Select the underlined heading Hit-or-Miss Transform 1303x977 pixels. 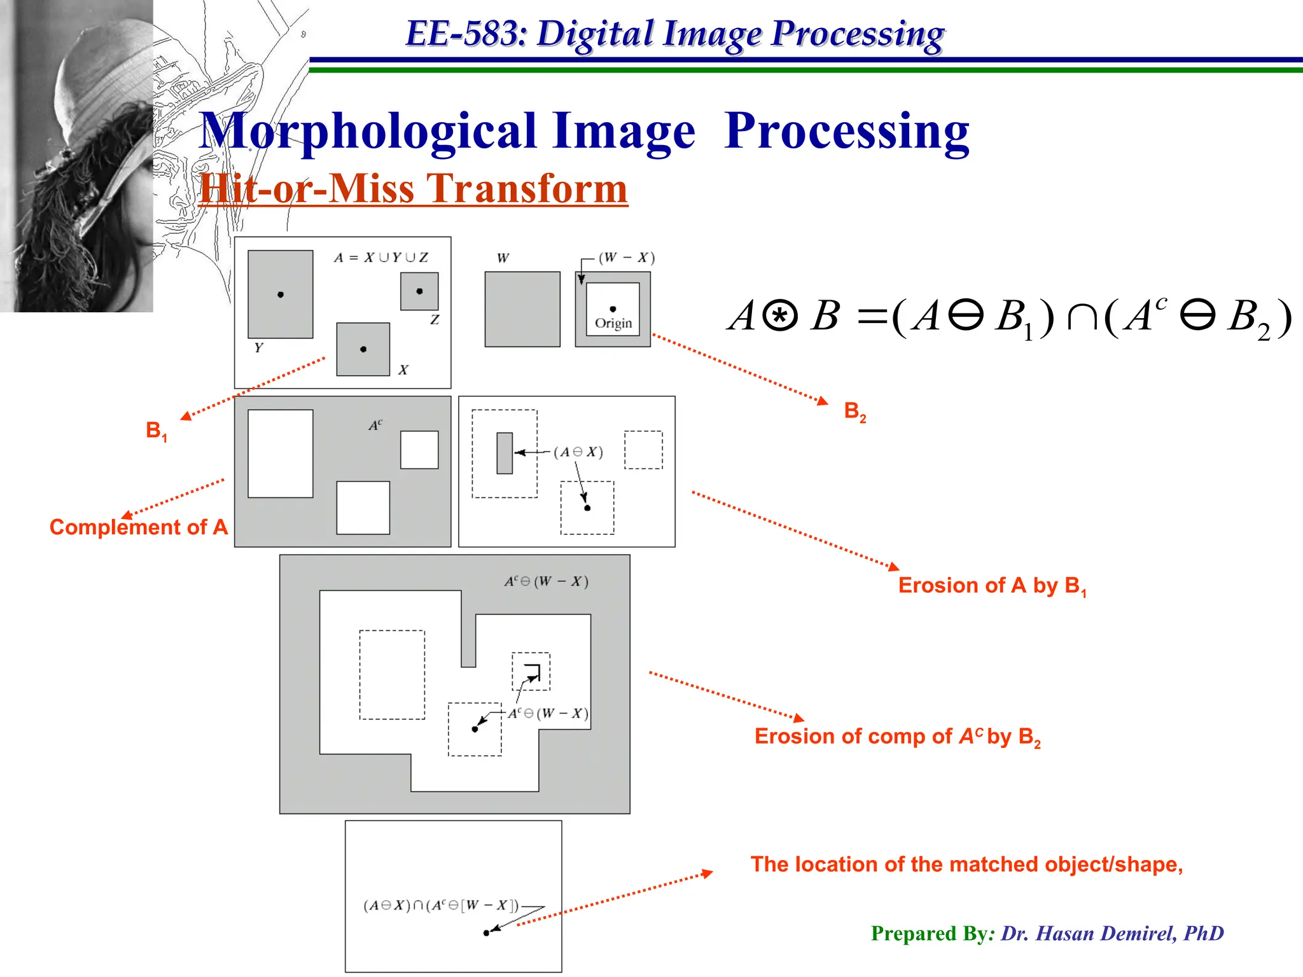click(413, 189)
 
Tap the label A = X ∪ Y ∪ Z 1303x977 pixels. click(380, 258)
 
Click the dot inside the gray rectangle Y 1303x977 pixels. click(281, 294)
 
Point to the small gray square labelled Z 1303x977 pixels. click(419, 291)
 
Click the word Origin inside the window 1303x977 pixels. click(613, 323)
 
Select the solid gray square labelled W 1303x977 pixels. click(522, 309)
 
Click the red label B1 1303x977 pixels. click(156, 431)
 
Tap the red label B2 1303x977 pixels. click(854, 412)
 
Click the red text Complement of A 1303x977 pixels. click(139, 527)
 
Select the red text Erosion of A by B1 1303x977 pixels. click(991, 586)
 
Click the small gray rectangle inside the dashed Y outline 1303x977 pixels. click(505, 453)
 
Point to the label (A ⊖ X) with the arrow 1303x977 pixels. click(578, 452)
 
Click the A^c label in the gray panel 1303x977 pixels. click(375, 425)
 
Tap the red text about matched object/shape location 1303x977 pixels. click(966, 864)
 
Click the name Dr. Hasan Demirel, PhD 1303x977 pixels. click(1111, 933)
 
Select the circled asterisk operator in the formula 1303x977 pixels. click(779, 316)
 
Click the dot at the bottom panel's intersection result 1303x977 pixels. click(486, 933)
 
